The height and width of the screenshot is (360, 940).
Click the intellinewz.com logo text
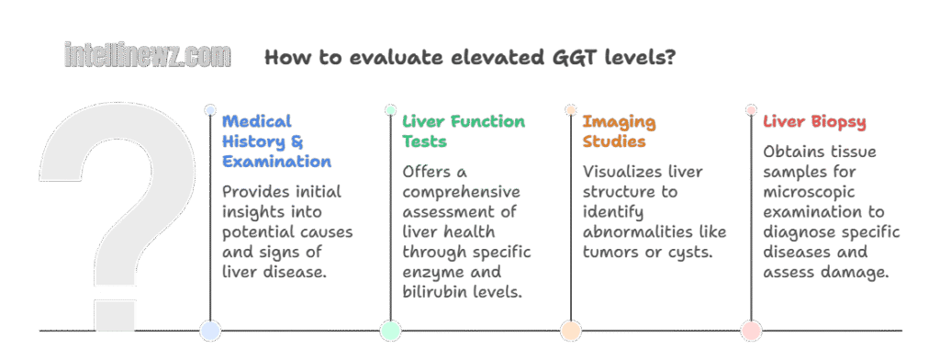[147, 57]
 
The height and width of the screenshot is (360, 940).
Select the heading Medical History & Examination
[276, 141]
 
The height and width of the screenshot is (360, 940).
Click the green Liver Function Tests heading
[463, 131]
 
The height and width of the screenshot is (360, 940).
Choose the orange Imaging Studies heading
[619, 131]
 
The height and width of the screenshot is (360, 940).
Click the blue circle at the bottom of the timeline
[210, 331]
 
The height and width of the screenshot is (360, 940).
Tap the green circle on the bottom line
[390, 331]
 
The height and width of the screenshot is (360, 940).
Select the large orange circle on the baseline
[570, 331]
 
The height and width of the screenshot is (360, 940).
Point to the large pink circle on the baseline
[751, 331]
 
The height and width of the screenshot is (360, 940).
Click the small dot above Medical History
[210, 110]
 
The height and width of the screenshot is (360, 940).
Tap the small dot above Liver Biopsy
[751, 110]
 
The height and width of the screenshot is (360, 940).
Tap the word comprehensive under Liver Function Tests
[461, 192]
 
